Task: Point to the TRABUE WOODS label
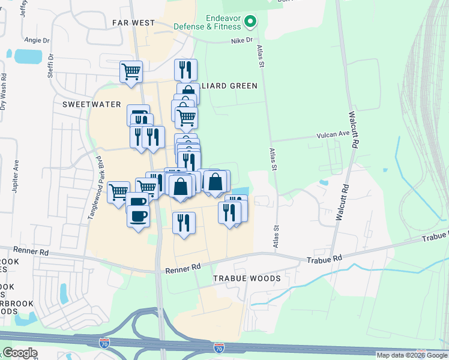coord(247,279)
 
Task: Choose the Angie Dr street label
coord(36,40)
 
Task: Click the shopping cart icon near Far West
coord(131,71)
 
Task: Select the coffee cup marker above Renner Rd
coord(138,215)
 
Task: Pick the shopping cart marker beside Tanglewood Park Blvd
coord(118,192)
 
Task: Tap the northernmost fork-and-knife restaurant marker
coord(185,70)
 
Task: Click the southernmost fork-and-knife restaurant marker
coord(184,223)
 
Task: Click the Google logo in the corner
coord(20,353)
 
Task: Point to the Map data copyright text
coord(412,355)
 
